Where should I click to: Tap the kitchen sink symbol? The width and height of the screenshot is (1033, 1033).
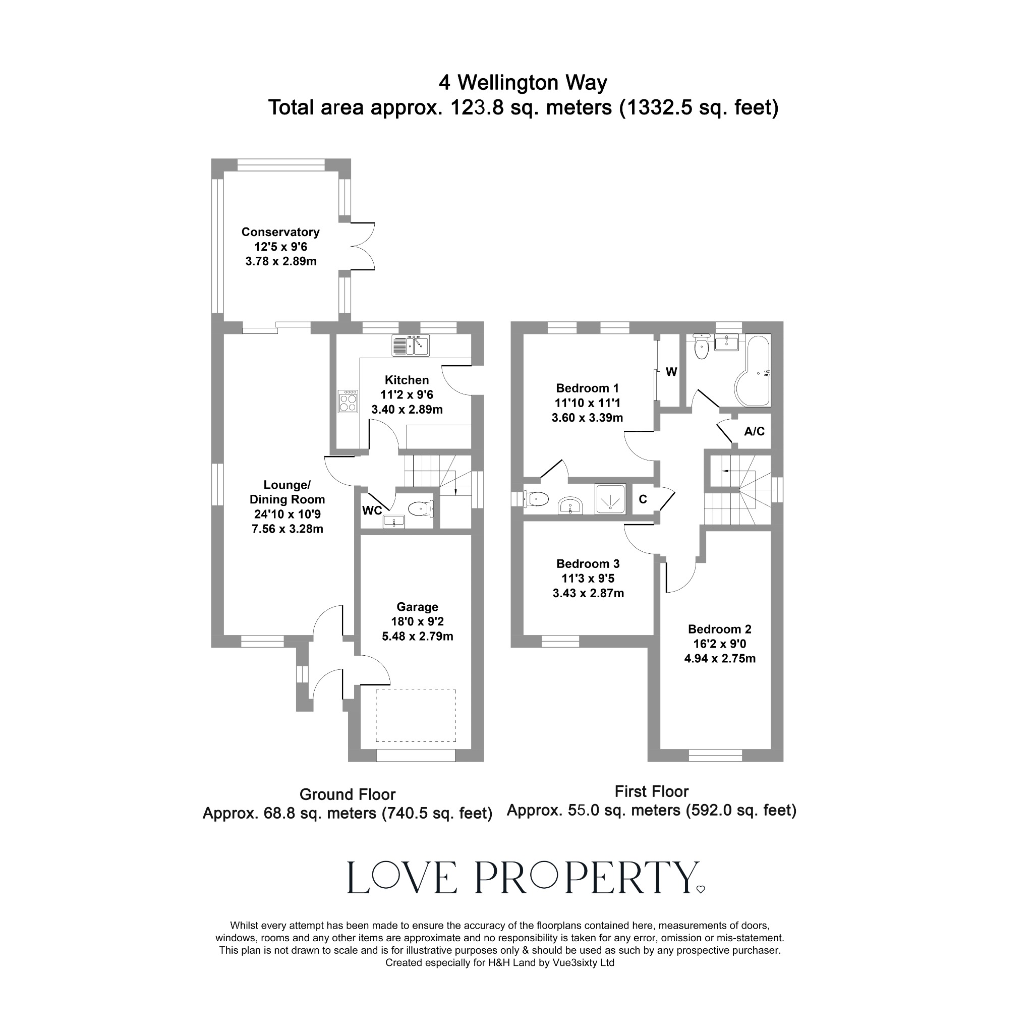coord(410,346)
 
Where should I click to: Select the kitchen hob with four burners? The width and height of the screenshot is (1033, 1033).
coord(348,401)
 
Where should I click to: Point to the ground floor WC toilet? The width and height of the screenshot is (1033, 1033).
coord(420,508)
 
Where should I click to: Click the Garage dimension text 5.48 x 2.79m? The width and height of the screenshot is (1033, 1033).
coord(417,636)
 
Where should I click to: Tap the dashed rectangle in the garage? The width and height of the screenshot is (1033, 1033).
coord(416,715)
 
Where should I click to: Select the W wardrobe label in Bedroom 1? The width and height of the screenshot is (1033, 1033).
coord(671,372)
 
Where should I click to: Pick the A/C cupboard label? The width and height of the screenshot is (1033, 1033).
coord(754,431)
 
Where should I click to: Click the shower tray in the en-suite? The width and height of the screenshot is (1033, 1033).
coord(610,499)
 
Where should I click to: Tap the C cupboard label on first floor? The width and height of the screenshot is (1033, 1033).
coord(643,499)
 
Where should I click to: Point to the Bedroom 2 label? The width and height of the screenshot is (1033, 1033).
coord(720,629)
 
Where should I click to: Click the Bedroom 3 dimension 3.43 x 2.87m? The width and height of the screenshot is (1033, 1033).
coord(588,593)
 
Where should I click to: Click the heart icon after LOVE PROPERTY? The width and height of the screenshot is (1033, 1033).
coord(701,890)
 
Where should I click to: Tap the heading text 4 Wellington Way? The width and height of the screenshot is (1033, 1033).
coord(523,83)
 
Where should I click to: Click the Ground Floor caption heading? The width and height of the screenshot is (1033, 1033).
coord(347,794)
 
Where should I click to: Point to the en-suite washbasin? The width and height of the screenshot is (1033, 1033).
coord(570,505)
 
